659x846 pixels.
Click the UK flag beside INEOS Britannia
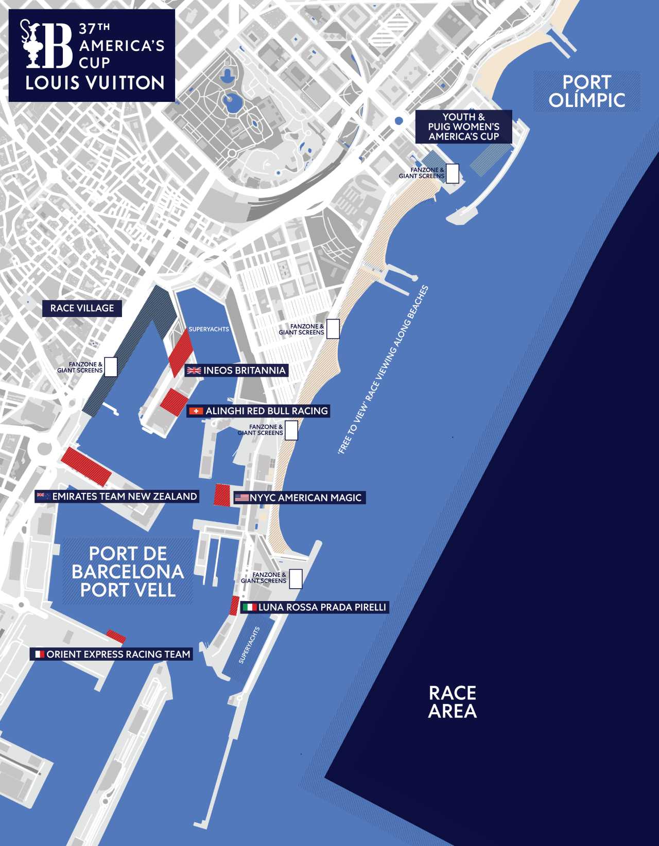194,371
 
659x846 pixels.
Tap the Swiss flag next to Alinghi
196,411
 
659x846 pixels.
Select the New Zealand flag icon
43,497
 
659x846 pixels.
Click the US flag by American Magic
241,498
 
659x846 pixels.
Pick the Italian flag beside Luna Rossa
250,607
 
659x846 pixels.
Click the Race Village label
82,308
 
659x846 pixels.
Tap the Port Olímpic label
587,91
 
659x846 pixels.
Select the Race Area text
453,702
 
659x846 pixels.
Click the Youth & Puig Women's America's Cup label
464,127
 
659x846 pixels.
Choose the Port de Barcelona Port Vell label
128,571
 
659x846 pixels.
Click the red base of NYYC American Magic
222,495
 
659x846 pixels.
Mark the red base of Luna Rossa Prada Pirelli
234,605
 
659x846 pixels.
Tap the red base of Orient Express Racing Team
116,636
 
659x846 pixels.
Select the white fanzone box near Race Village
111,367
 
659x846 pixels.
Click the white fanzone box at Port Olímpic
453,173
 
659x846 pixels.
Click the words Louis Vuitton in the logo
95,83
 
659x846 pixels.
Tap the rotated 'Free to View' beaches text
384,369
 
